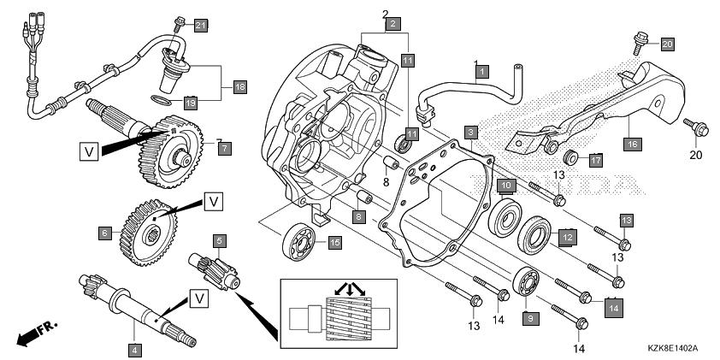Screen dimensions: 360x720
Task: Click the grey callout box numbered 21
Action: point(201,25)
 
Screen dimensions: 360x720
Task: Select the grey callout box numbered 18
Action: point(239,86)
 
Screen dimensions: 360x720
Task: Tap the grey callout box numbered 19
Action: point(192,102)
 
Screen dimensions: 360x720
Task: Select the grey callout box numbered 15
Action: point(334,243)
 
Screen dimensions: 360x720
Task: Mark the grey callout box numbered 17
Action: point(572,159)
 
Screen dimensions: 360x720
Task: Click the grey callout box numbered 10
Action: point(506,186)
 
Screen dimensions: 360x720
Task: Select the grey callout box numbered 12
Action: point(566,236)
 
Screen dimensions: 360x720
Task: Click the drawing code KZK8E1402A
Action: point(673,349)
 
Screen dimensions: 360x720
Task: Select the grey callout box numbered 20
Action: point(667,43)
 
